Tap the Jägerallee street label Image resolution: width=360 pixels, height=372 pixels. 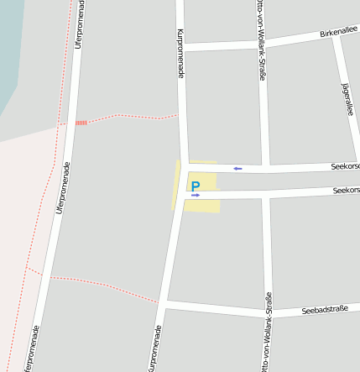tap(347, 99)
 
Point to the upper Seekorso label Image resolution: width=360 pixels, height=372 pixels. tap(345, 165)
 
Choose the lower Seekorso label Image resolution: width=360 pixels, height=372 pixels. tap(346, 190)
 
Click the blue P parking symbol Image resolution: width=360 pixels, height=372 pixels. tap(196, 186)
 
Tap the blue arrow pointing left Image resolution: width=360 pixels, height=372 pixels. tap(237, 169)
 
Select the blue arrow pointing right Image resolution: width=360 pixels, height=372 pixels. tap(196, 195)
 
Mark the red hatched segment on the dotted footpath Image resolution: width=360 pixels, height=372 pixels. tap(81, 123)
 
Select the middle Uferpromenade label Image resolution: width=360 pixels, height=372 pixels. tap(63, 187)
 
